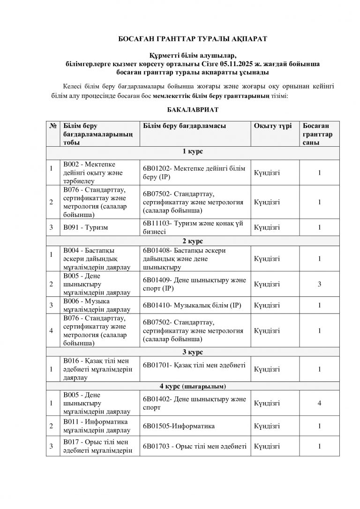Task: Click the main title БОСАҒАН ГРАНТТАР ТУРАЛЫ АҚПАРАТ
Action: click(x=180, y=40)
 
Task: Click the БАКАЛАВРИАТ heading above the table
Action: click(x=180, y=109)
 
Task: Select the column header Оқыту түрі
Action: click(x=273, y=126)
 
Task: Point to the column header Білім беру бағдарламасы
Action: click(x=183, y=126)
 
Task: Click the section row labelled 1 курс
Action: click(x=180, y=152)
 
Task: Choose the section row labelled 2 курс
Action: click(x=180, y=241)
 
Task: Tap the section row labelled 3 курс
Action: click(x=180, y=352)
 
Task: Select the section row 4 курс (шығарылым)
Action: click(x=180, y=386)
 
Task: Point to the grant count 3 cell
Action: click(x=319, y=284)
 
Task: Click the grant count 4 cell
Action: click(x=319, y=404)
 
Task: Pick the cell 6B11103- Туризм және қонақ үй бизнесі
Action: click(x=192, y=227)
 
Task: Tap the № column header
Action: click(x=52, y=126)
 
